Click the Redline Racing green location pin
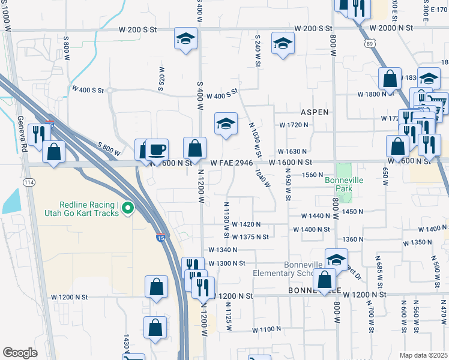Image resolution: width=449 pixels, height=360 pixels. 127,209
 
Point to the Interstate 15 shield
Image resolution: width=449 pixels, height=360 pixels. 160,238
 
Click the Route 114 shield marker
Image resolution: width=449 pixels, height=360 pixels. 29,182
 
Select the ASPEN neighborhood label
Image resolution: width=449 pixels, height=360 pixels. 315,112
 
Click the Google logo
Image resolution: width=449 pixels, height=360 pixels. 20,353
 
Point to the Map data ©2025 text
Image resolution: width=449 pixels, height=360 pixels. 423,355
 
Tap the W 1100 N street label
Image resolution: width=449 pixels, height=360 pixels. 267,329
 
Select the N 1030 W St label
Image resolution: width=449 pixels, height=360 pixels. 255,139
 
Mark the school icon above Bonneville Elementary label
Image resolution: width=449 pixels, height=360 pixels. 337,259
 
